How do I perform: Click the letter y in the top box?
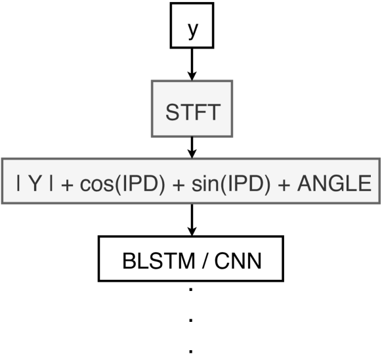pos(191,32)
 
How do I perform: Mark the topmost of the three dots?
pos(191,290)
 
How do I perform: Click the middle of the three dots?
pos(191,321)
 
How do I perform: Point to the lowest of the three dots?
pos(191,350)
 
